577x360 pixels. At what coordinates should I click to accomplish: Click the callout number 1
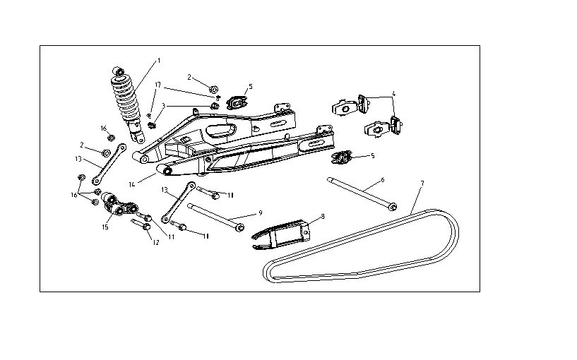point(159,61)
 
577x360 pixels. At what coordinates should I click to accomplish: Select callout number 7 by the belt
point(422,184)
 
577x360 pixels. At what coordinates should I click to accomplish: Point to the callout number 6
point(382,180)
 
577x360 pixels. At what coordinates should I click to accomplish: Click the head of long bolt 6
point(393,207)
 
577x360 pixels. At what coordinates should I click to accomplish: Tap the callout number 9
point(261,212)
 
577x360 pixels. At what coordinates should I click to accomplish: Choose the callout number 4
point(394,93)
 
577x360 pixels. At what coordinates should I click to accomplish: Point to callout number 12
point(150,242)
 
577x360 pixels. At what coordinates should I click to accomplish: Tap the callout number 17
point(157,85)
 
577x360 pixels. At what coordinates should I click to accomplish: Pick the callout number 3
point(163,106)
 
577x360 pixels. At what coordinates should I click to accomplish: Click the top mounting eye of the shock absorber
point(118,71)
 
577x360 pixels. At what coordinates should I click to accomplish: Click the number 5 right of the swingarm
point(372,155)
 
